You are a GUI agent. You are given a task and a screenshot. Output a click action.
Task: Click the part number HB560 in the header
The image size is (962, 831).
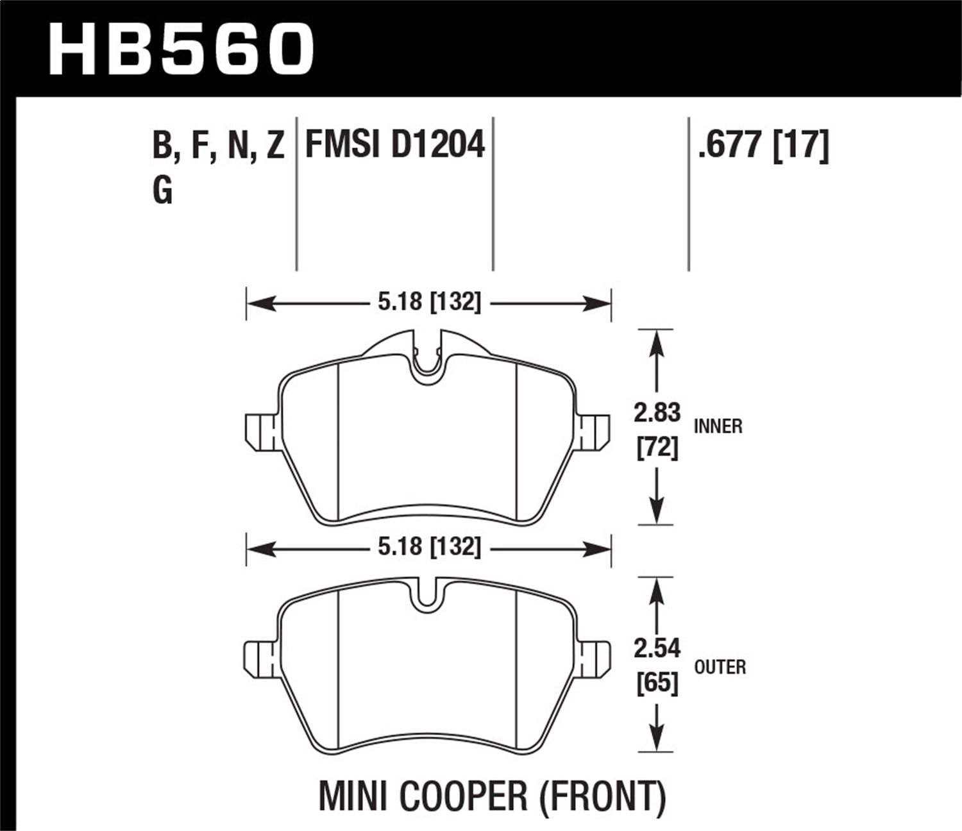[181, 48]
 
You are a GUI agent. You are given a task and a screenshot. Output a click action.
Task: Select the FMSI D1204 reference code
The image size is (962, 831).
[395, 144]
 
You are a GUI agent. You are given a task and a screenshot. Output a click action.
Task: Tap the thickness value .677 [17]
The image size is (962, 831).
[764, 144]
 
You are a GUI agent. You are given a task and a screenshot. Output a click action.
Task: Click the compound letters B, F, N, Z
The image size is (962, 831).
[219, 146]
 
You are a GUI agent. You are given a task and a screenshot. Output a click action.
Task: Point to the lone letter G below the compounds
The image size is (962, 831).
[163, 190]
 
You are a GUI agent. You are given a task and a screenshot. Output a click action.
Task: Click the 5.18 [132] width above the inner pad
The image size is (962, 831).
[428, 301]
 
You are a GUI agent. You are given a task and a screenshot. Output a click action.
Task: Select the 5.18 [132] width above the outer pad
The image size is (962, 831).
[428, 547]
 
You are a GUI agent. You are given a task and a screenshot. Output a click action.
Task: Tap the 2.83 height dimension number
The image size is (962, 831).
[657, 414]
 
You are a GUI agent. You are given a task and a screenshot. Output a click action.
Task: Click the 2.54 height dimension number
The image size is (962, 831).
[657, 649]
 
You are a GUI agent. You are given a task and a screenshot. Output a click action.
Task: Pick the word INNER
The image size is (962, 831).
[718, 426]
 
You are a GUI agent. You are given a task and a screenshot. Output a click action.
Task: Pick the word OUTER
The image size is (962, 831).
[720, 667]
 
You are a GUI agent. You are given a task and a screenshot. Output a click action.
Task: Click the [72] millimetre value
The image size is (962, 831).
[657, 448]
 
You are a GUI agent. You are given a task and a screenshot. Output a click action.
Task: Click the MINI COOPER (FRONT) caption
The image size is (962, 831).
[492, 796]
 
